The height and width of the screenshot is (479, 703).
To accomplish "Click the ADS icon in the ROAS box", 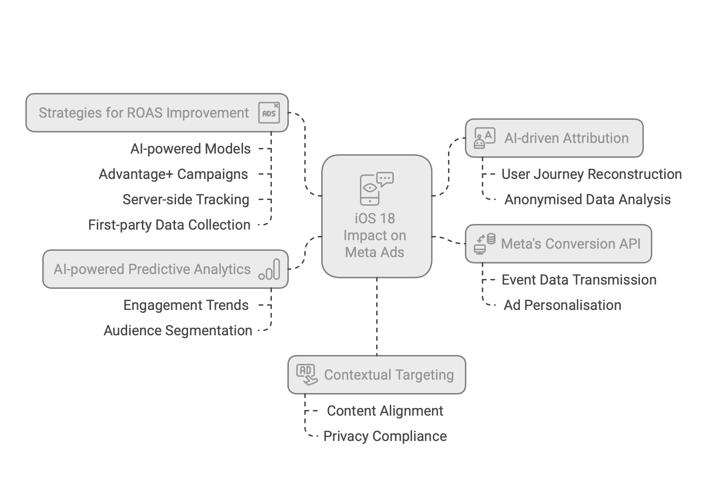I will coord(269,113).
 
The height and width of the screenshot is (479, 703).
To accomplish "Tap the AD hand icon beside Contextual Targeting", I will coord(306,375).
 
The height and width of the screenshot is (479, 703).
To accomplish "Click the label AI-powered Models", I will coord(191,149).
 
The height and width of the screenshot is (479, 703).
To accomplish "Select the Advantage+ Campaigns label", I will coord(173,174).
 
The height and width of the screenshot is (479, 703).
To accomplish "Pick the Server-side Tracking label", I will coord(186,200).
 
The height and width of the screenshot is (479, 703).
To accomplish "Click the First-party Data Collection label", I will coord(169,225).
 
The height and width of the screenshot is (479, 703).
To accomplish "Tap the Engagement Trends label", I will coord(186,305).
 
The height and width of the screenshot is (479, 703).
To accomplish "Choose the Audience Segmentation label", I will coord(178,331).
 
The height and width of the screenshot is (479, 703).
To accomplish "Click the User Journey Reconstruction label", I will coord(591,174).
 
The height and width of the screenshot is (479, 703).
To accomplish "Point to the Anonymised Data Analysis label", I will coord(587,200).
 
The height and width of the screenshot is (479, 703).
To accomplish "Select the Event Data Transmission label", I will coord(579,280).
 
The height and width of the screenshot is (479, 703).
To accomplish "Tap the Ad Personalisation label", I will coord(562,305).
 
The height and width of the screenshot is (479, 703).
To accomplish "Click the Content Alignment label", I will coord(385,411).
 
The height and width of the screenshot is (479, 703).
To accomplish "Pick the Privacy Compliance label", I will coord(385,436).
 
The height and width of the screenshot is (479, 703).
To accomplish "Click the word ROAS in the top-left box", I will coord(145,113).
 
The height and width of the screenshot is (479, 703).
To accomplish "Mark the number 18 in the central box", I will coord(387,219).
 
